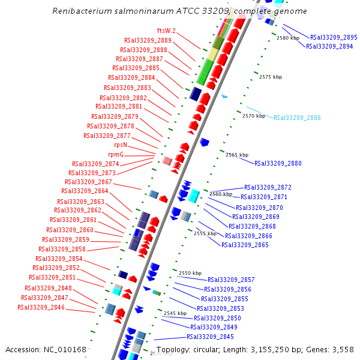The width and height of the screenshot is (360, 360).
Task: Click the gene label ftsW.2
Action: (x=165, y=31)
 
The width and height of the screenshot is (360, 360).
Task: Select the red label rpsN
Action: (x=121, y=145)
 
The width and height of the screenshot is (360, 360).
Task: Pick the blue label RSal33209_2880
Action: (x=278, y=163)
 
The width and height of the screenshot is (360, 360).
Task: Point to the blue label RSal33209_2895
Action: (x=334, y=37)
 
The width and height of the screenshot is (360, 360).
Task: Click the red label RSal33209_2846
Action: (x=41, y=307)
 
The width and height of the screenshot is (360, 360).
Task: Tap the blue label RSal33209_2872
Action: (x=268, y=187)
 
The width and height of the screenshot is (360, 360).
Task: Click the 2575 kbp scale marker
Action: (x=270, y=77)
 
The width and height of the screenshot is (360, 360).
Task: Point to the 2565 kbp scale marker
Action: (x=236, y=155)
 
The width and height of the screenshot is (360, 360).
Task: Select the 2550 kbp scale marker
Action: (x=190, y=273)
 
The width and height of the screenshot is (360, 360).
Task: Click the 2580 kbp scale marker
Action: (x=287, y=38)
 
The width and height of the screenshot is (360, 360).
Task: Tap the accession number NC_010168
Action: (x=67, y=349)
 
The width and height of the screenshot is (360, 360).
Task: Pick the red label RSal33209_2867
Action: (x=88, y=182)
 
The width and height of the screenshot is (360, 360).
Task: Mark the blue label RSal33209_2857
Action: (x=231, y=280)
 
